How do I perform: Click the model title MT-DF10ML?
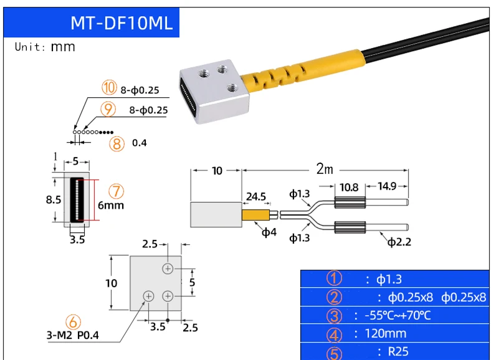(x=122, y=23)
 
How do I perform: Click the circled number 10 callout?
(x=109, y=88)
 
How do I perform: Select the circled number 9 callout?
(x=108, y=109)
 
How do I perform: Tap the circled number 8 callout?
(x=117, y=144)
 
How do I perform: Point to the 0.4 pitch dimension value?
(x=140, y=143)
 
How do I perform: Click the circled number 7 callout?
(x=116, y=191)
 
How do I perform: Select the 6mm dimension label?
(x=111, y=206)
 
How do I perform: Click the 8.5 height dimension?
(x=54, y=200)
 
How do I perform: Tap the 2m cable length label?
(x=325, y=169)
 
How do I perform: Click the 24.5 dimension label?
(x=256, y=197)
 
